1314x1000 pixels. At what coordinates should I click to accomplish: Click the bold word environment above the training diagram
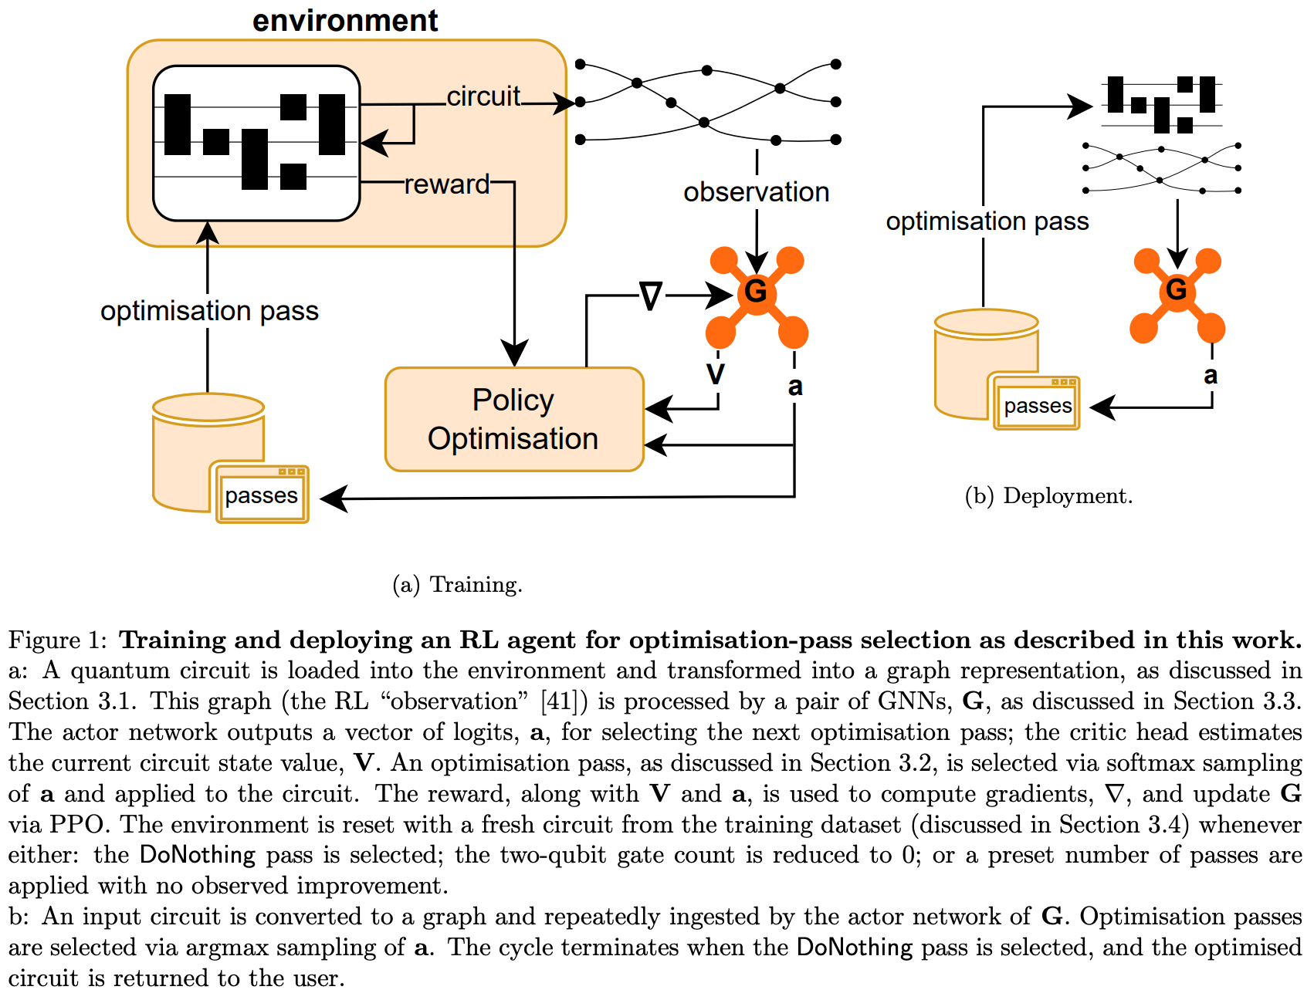point(345,21)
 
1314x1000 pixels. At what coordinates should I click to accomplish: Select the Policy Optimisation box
point(513,419)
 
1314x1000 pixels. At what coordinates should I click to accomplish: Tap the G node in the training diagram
point(756,292)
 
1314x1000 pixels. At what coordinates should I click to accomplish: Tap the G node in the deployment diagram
point(1176,290)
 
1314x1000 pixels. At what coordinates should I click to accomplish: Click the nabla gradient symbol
point(651,296)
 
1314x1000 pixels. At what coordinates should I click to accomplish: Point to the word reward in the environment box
point(446,184)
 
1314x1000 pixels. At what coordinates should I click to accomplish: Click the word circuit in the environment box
point(483,96)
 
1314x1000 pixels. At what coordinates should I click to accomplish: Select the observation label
point(756,192)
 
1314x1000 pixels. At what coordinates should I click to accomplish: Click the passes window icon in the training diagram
point(262,495)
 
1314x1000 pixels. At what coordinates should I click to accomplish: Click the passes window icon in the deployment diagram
point(1037,405)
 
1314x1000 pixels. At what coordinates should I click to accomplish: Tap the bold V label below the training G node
point(716,374)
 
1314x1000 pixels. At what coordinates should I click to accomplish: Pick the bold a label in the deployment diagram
point(1211,376)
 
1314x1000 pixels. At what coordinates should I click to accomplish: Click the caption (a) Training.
point(457,585)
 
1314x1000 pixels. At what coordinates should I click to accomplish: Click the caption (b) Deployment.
point(1048,496)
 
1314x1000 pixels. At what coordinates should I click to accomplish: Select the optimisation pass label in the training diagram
point(209,311)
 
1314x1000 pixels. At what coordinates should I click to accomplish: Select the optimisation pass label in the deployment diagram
point(987,221)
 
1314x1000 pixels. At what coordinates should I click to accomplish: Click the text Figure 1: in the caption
point(57,640)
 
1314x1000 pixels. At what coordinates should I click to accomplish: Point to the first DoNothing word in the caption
point(198,855)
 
